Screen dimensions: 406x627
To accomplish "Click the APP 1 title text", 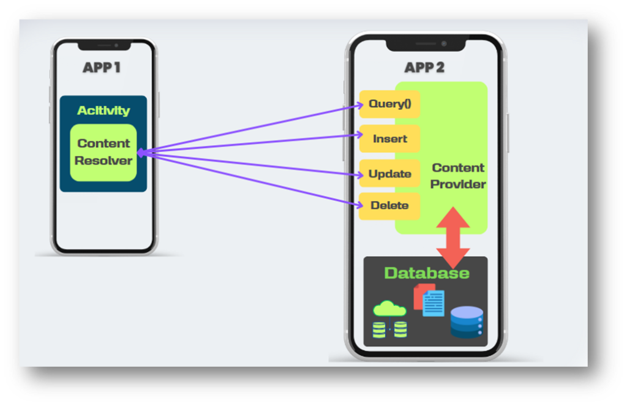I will click(101, 67).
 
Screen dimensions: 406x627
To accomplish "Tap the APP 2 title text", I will click(424, 67).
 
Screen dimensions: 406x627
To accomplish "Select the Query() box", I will click(389, 104).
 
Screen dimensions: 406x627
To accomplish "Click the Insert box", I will click(389, 139).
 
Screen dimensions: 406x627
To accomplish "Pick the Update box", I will click(389, 174).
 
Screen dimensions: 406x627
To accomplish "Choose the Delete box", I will click(389, 206).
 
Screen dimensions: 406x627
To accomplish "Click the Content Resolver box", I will click(103, 152).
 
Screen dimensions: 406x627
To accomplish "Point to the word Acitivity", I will click(103, 111).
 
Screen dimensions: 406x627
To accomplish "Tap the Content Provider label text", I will click(458, 176).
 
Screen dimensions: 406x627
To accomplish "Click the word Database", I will click(426, 273).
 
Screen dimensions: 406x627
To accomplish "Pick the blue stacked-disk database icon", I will click(467, 322).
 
